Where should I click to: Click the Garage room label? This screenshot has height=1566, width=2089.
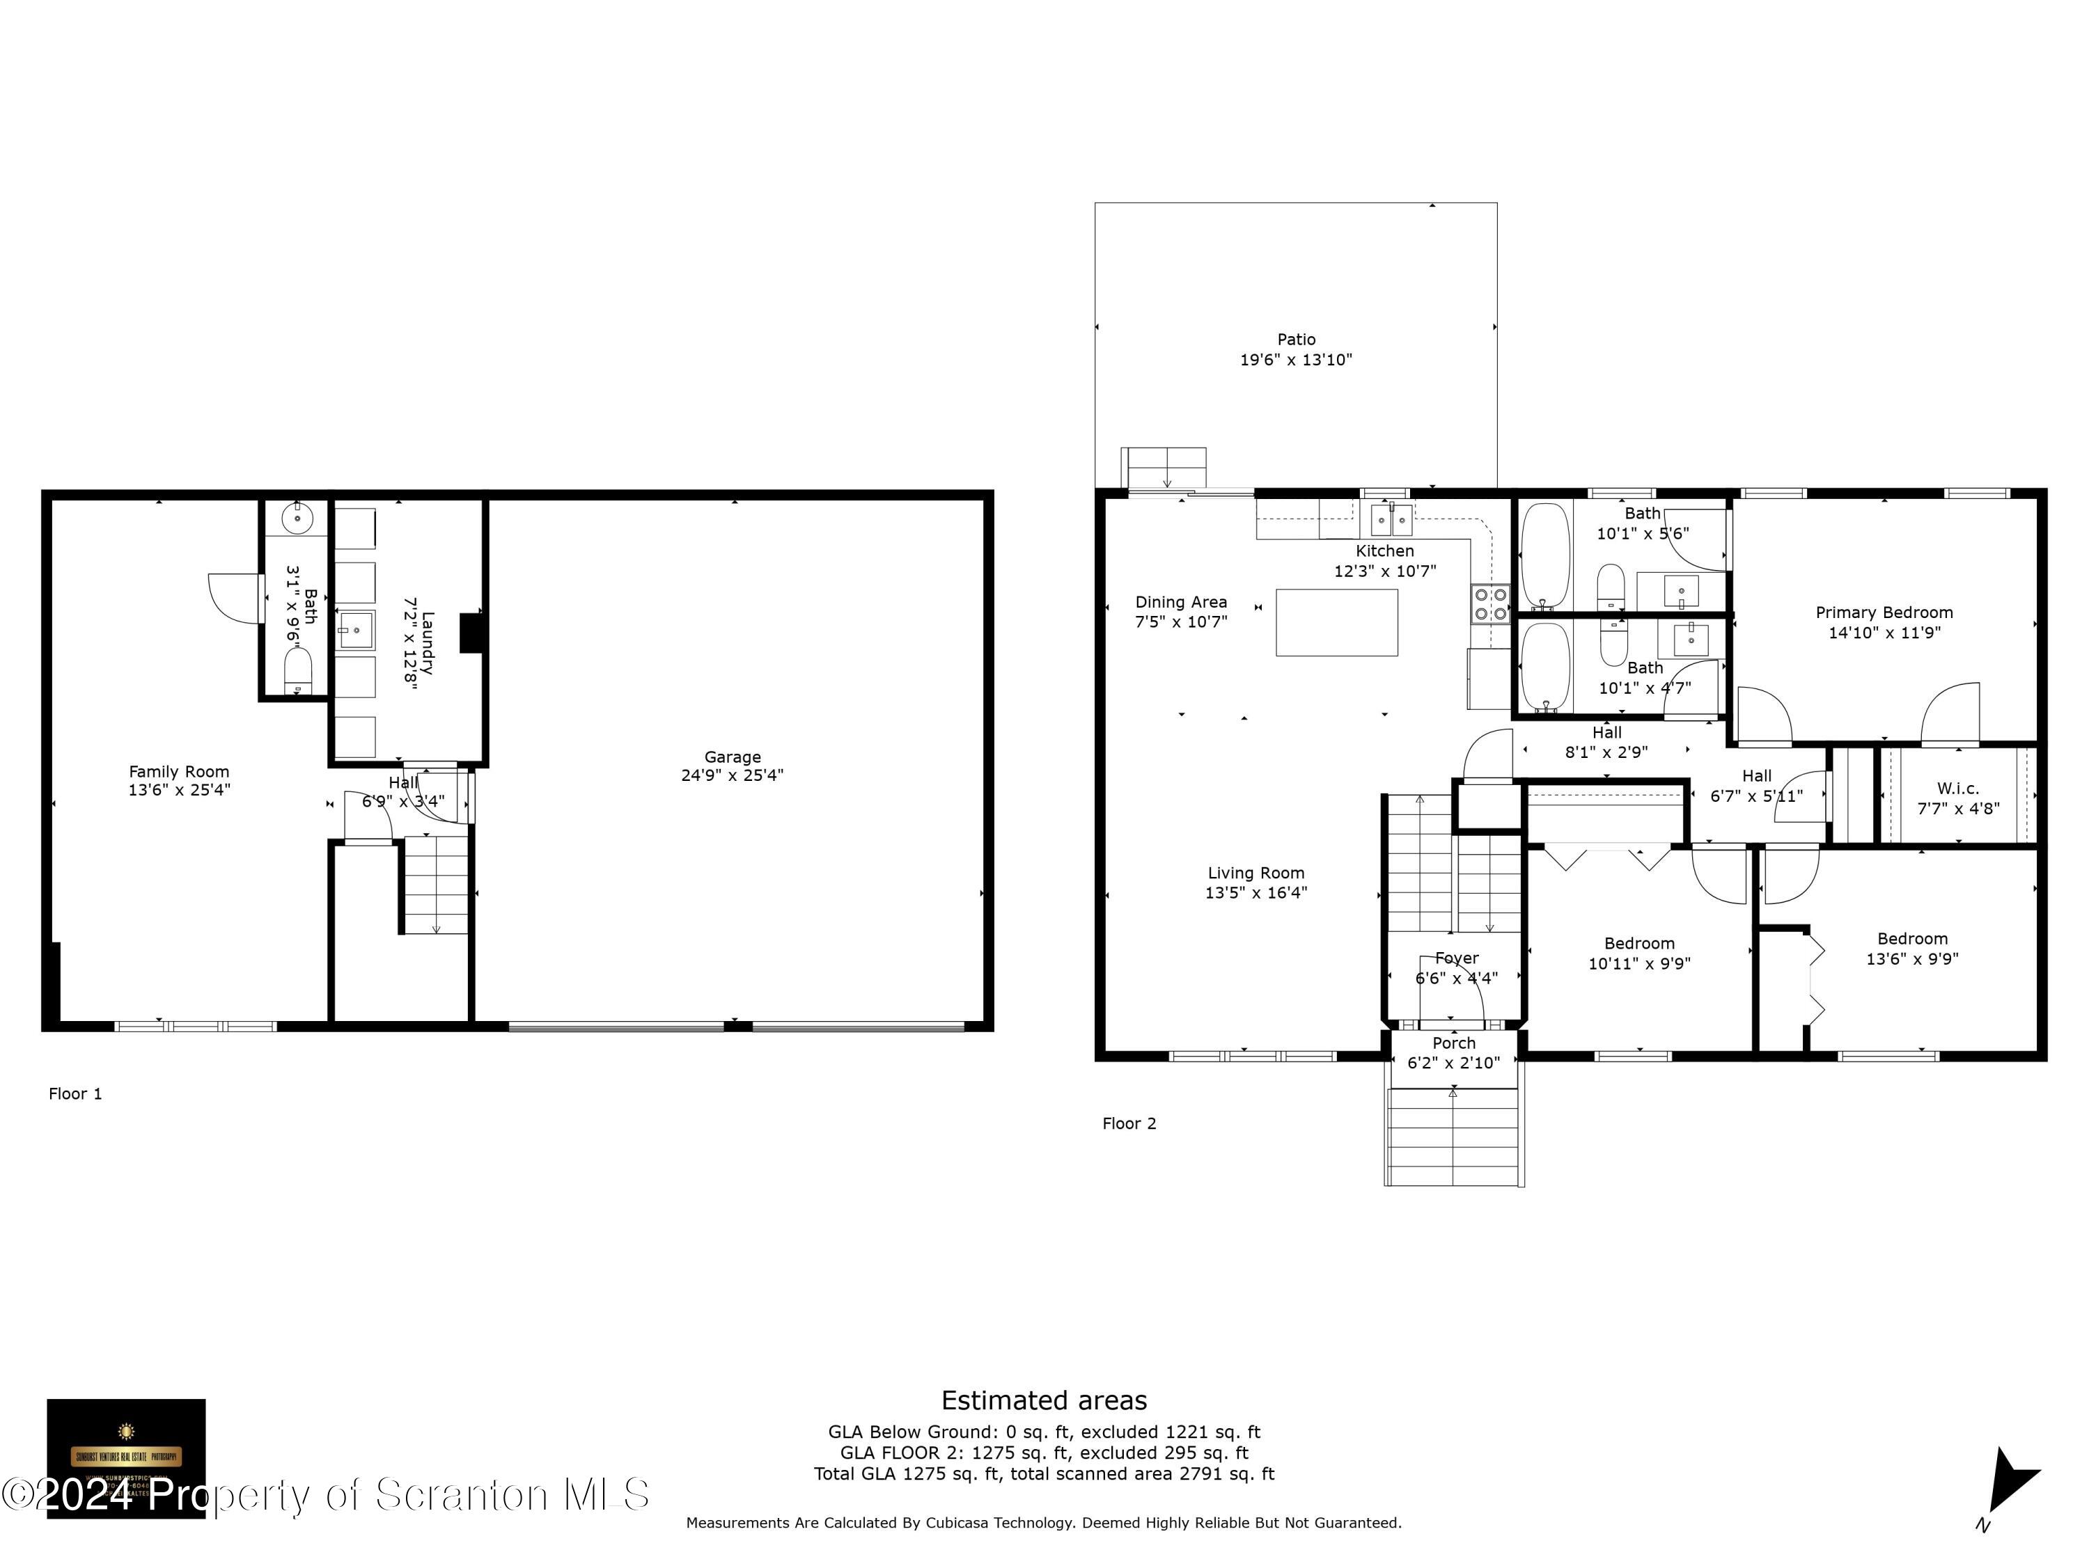[x=732, y=757]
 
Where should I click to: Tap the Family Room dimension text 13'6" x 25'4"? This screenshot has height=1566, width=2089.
[x=180, y=790]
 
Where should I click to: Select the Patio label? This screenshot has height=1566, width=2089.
[x=1296, y=339]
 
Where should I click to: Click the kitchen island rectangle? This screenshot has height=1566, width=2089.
[x=1336, y=622]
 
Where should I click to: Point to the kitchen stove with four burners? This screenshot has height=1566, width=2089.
[x=1489, y=604]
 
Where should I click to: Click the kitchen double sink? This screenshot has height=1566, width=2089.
[x=1391, y=519]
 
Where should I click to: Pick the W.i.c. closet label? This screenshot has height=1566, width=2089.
[x=1957, y=788]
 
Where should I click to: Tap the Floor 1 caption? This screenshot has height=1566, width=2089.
[x=75, y=1094]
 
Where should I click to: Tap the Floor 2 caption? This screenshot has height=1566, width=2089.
[x=1129, y=1123]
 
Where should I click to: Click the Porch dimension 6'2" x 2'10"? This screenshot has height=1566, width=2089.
[x=1453, y=1063]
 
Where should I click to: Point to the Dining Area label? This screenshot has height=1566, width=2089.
[x=1180, y=602]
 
